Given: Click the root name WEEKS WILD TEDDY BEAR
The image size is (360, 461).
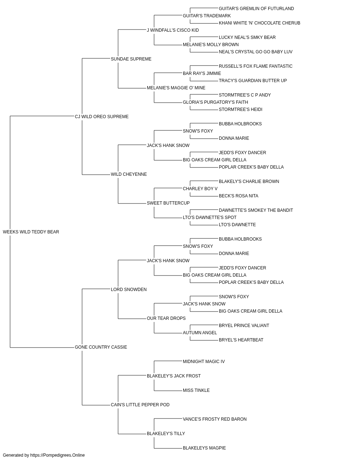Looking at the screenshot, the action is [x=31, y=232].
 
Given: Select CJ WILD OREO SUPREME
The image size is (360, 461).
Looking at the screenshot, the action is [x=102, y=117].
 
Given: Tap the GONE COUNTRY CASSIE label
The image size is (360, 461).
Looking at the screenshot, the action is [x=101, y=347].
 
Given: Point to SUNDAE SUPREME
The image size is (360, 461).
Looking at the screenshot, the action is [x=131, y=59].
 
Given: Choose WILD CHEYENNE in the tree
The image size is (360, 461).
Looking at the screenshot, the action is [x=129, y=174].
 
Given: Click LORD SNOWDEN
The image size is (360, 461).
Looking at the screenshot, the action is [x=129, y=289].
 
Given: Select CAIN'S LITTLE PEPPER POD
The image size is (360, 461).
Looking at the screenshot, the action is [x=140, y=405].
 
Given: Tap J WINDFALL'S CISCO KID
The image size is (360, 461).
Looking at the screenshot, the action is [x=173, y=30].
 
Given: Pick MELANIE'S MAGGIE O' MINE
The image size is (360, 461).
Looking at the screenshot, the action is [x=176, y=88].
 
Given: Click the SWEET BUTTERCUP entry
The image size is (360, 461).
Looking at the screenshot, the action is [x=168, y=203].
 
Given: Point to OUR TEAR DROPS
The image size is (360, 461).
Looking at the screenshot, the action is [x=166, y=318].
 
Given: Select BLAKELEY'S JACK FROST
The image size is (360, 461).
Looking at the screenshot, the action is [x=174, y=376].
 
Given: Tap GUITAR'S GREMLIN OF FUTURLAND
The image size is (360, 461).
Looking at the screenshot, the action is [x=256, y=9].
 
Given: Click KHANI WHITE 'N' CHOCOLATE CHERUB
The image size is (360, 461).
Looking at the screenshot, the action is [x=260, y=23].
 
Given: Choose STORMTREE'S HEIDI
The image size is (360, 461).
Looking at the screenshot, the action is [x=240, y=109].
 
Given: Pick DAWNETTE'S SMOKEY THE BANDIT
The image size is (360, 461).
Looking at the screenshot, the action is [x=256, y=210].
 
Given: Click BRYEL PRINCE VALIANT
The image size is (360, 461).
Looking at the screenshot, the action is [x=244, y=326].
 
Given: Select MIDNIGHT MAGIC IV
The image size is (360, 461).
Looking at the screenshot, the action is [x=204, y=362].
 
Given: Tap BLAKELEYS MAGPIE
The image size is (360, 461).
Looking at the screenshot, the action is [x=204, y=448].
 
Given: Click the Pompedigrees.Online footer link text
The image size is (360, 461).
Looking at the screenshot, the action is [x=58, y=455].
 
